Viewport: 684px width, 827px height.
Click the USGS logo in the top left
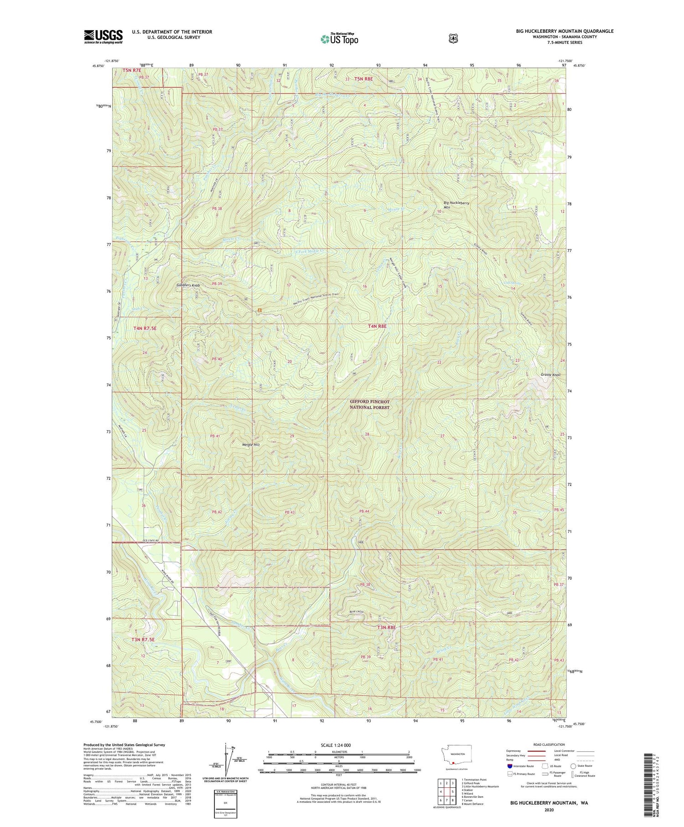[x=103, y=36]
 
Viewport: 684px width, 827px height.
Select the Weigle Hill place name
[x=250, y=444]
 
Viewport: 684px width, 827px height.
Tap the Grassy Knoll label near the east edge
[x=550, y=374]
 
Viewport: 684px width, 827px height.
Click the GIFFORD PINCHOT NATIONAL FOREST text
[x=370, y=404]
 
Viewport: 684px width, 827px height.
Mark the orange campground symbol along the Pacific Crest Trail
[x=259, y=310]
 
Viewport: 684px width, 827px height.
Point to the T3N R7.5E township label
[x=144, y=640]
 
